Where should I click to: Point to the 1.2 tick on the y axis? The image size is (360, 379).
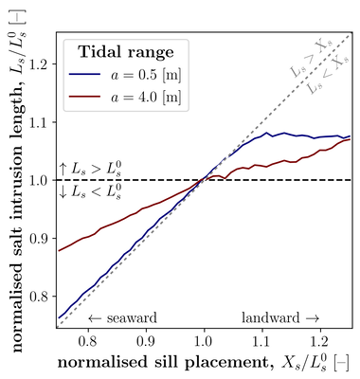click(x=39, y=63)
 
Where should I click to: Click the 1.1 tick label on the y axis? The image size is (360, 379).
click(x=39, y=122)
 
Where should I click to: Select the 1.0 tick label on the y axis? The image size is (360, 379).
click(x=39, y=180)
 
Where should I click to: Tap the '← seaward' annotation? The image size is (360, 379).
click(x=121, y=317)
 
